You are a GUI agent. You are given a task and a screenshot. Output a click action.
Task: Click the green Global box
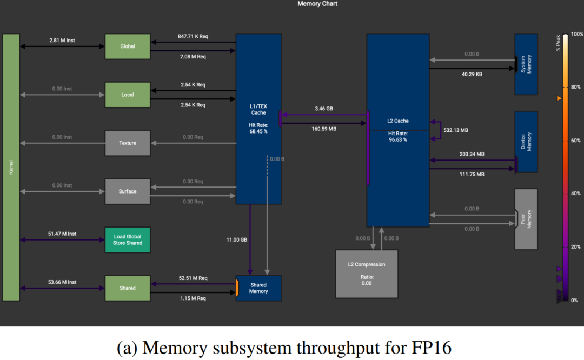coord(127,46)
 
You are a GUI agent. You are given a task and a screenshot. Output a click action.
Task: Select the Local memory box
coord(127,95)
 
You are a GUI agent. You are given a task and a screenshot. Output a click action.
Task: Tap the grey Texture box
coord(127,143)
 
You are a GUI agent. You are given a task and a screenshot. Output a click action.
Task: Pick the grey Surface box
coord(127,191)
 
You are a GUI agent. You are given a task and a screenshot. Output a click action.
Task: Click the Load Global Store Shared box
coord(127,240)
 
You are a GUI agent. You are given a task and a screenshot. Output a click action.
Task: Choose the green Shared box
coord(127,288)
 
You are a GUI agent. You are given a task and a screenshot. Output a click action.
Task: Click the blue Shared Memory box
coord(258,288)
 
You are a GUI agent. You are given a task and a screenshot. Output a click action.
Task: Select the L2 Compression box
coord(366,274)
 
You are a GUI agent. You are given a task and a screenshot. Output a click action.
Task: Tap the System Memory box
coord(526,64)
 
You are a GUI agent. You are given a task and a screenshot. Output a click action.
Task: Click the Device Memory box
coord(526,142)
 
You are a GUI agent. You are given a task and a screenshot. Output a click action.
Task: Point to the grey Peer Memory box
coord(526,219)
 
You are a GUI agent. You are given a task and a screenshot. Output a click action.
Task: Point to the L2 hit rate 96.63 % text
coord(397,136)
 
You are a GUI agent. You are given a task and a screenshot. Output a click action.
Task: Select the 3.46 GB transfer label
coord(323,109)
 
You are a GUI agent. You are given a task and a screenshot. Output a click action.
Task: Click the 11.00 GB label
coord(236,239)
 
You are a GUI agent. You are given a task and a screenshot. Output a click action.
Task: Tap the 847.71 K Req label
coord(193,36)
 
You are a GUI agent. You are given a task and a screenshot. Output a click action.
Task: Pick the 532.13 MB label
coord(456,130)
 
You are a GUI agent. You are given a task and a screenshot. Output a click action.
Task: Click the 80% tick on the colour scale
coord(575,87)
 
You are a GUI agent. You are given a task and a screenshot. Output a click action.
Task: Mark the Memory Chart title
coord(317,4)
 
